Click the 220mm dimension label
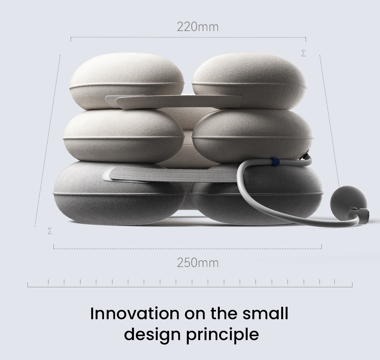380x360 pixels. pyautogui.click(x=198, y=27)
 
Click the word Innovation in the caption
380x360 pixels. pyautogui.click(x=135, y=313)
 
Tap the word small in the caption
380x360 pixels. pyautogui.click(x=265, y=313)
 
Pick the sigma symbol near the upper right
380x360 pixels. pyautogui.click(x=303, y=53)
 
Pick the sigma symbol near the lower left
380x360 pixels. pyautogui.click(x=50, y=231)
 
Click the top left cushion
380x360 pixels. pyautogui.click(x=127, y=81)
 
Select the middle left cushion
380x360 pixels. pyautogui.click(x=123, y=136)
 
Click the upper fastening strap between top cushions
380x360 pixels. pyautogui.click(x=174, y=102)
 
